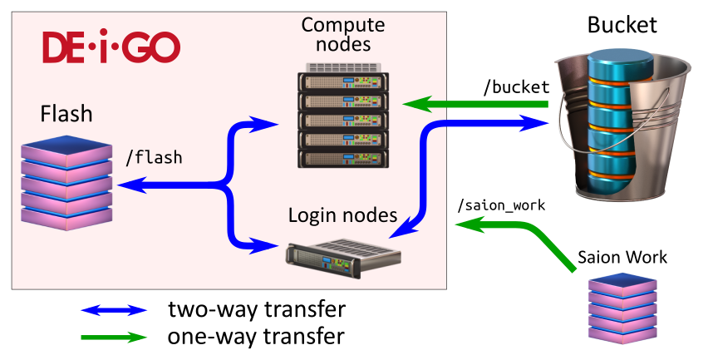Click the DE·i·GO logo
point(111,48)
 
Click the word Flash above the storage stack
point(66,114)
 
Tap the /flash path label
point(153,156)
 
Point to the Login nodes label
point(342,215)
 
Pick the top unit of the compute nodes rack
point(343,82)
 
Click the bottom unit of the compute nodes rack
point(343,157)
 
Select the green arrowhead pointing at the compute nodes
point(415,105)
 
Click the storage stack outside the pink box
point(622,308)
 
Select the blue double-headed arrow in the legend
point(113,310)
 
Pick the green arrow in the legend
point(113,337)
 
